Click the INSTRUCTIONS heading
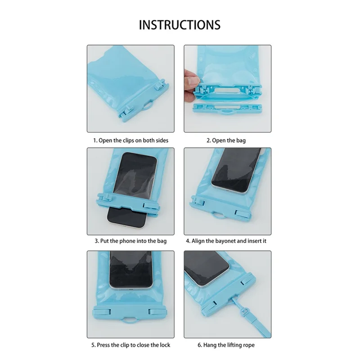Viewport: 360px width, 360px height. (180, 25)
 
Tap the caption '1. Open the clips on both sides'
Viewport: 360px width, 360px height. (130, 140)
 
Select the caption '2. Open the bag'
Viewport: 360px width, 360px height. (226, 140)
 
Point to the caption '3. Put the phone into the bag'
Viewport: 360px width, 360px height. (130, 241)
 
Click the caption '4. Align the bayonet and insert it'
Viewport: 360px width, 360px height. (226, 241)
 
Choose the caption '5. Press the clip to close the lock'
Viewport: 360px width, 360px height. (130, 345)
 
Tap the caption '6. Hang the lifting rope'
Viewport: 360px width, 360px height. (226, 345)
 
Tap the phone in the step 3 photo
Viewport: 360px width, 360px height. (132, 190)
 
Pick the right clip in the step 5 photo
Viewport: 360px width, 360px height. (157, 311)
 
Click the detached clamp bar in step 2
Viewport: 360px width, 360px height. (227, 108)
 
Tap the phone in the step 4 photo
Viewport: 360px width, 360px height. (237, 171)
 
